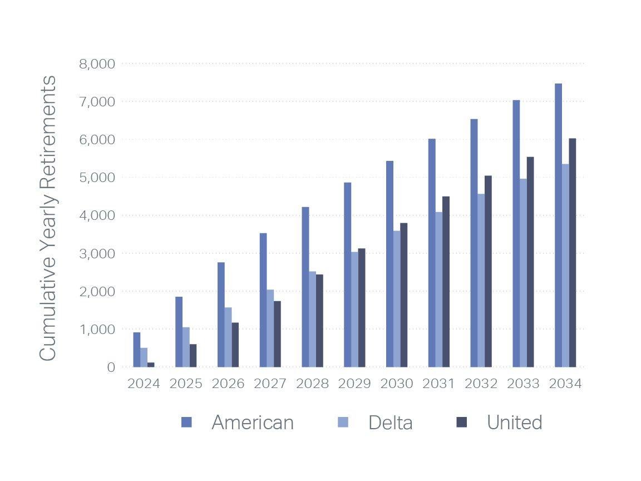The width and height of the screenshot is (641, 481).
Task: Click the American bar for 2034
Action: coord(558,225)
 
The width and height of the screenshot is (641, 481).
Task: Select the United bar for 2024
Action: coord(151,365)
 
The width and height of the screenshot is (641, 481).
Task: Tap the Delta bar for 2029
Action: coord(354,309)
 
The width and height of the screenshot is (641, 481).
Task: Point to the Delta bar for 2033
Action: coord(523,273)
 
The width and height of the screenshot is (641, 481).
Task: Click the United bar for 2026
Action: coord(235,345)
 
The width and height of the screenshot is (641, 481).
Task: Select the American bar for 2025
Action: coord(179,332)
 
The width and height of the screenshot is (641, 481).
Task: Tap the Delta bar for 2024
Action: coord(144,357)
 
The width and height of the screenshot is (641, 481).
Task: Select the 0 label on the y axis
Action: coord(111,367)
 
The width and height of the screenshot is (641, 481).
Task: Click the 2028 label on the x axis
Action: coord(312,384)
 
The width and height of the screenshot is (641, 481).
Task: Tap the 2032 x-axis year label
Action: coord(481,384)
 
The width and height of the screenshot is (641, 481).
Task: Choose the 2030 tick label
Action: coord(397,384)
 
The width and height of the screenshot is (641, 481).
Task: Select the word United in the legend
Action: coord(514,423)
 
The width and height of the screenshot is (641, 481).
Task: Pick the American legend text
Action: coord(253,423)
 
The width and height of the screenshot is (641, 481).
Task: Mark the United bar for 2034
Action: coord(573,253)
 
